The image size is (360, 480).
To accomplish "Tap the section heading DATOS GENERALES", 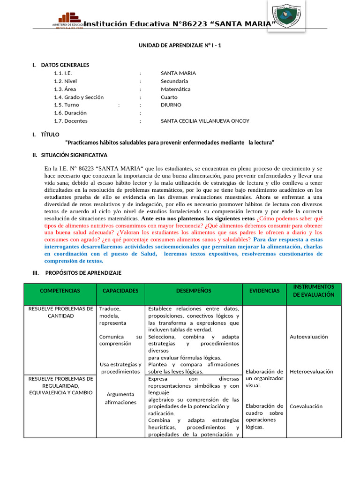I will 65,65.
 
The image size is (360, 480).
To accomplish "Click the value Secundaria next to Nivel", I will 174,81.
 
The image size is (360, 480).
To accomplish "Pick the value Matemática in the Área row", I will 175,89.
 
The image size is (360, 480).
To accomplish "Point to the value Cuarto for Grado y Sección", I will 169,97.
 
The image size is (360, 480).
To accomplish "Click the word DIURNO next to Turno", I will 171,105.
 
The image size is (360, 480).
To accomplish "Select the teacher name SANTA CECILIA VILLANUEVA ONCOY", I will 205,121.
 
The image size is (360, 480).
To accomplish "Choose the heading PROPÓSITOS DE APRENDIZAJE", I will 83,273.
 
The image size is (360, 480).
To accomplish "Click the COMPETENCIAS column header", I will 60,291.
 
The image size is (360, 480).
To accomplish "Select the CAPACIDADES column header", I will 120,291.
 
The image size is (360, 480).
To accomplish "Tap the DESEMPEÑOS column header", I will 194,291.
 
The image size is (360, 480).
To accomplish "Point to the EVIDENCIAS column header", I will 264,291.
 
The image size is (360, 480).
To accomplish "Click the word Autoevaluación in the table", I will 309,337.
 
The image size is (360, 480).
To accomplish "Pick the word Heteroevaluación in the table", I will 311,372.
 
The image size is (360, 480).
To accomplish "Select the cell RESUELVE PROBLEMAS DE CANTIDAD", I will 61,312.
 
